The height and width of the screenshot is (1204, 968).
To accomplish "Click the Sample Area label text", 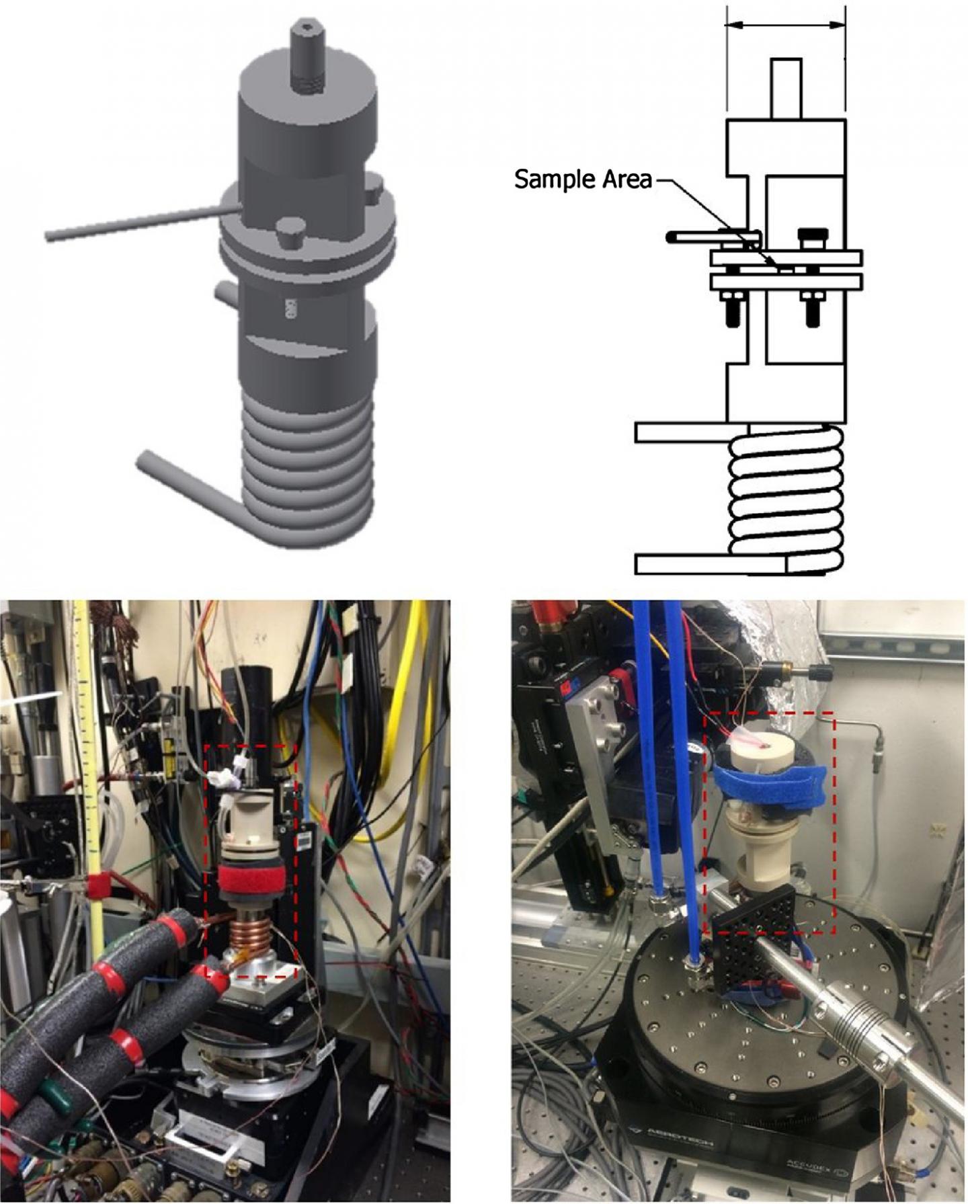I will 583,179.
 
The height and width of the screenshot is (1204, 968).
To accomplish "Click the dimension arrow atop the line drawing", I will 785,25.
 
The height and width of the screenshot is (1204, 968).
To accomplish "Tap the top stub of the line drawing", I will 786,88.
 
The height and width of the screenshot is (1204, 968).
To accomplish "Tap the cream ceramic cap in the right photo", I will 760,753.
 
